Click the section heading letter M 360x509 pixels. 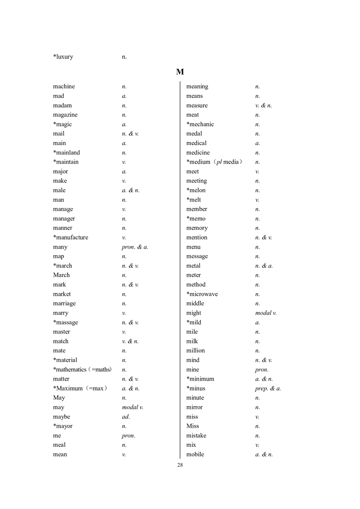pyautogui.click(x=180, y=72)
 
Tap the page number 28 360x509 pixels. pyautogui.click(x=180, y=465)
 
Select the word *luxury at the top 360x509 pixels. pyautogui.click(x=63, y=57)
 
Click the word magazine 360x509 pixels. pyautogui.click(x=65, y=115)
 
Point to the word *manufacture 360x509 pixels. pyautogui.click(x=70, y=237)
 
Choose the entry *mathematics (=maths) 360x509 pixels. pyautogui.click(x=82, y=369)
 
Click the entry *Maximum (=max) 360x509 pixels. pyautogui.click(x=80, y=388)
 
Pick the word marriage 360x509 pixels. pyautogui.click(x=64, y=303)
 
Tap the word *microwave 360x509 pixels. pyautogui.click(x=202, y=294)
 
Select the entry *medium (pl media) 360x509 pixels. pyautogui.click(x=214, y=162)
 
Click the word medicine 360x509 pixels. pyautogui.click(x=198, y=152)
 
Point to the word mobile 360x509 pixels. pyautogui.click(x=195, y=454)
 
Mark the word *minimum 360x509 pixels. pyautogui.click(x=200, y=379)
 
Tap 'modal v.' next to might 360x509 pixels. pyautogui.click(x=266, y=313)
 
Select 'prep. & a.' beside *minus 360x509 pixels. pyautogui.click(x=268, y=388)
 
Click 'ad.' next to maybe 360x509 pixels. pyautogui.click(x=126, y=416)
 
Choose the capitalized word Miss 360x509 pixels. pyautogui.click(x=193, y=426)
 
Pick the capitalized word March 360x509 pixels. pyautogui.click(x=61, y=275)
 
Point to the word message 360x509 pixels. pyautogui.click(x=197, y=256)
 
